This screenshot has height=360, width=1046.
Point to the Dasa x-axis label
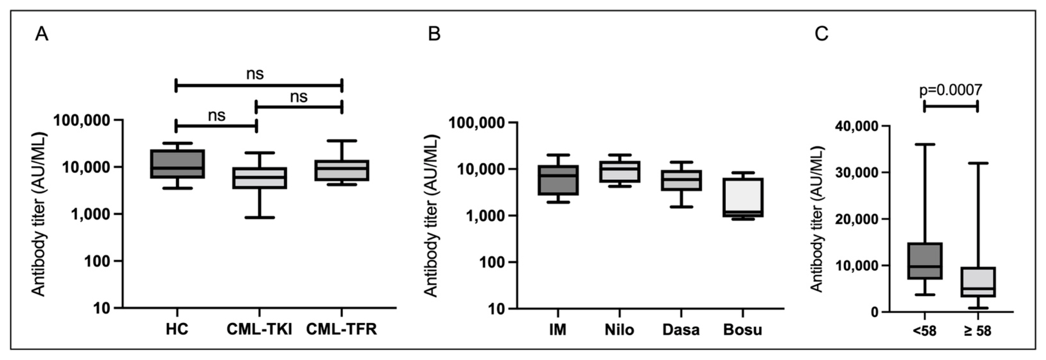(681, 330)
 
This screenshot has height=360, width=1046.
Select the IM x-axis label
(558, 330)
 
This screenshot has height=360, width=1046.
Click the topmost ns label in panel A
(255, 74)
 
